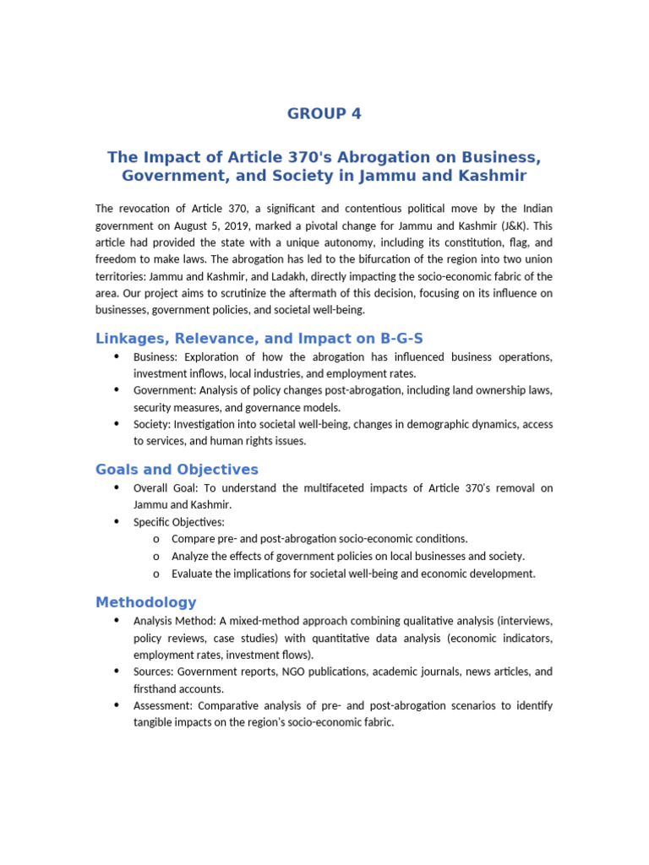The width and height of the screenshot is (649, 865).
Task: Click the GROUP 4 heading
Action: click(x=324, y=114)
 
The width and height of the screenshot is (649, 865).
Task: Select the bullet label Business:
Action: click(x=156, y=357)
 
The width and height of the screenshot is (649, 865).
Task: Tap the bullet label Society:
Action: click(x=153, y=424)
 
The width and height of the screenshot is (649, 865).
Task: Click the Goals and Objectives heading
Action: click(x=177, y=470)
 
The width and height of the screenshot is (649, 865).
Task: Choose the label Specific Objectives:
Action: click(x=179, y=522)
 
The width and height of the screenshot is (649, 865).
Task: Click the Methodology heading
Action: click(x=145, y=602)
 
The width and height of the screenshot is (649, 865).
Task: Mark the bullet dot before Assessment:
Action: click(x=116, y=705)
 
